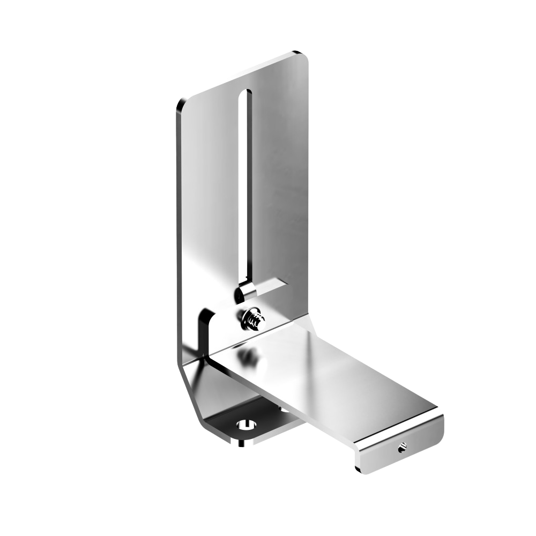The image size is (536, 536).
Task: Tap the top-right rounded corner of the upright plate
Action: point(304,57)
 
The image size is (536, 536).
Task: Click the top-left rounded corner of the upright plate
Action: point(181,104)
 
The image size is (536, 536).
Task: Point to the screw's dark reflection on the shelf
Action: point(248,356)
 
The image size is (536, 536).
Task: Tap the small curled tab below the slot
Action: point(245,292)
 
